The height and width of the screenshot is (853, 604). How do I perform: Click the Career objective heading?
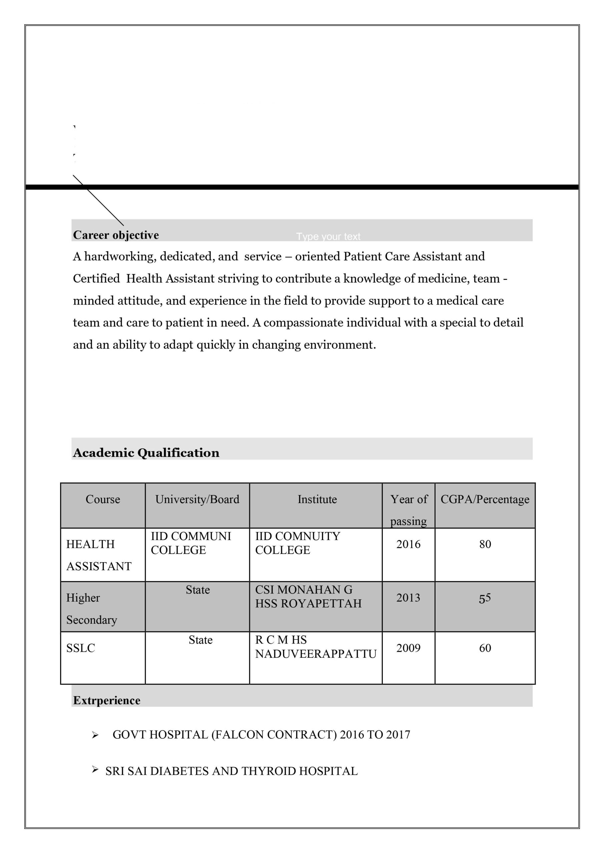pos(116,235)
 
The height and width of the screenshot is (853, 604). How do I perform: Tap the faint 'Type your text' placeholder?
pos(328,237)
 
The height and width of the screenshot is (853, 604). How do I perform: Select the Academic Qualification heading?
pos(146,452)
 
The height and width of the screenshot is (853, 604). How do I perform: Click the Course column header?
pos(103,499)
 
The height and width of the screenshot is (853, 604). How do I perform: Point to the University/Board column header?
pos(197,499)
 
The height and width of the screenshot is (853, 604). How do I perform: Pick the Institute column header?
pos(317,499)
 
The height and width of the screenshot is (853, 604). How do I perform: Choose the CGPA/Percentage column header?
pos(485,499)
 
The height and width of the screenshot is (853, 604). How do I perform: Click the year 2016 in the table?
pos(408,544)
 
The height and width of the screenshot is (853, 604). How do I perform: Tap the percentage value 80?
pos(485,544)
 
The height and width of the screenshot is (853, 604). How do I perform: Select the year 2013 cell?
pos(408,598)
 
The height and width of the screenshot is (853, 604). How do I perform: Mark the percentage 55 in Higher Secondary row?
pos(485,598)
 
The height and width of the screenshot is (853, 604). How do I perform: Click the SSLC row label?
pos(81,648)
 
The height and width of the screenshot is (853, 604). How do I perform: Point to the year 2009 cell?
pos(408,648)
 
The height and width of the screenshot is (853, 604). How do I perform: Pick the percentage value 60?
pos(485,648)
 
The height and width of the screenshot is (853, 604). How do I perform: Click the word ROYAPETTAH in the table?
pos(321,603)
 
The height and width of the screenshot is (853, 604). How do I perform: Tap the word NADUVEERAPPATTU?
pos(316,653)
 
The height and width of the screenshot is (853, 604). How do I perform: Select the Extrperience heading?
pos(107,700)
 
